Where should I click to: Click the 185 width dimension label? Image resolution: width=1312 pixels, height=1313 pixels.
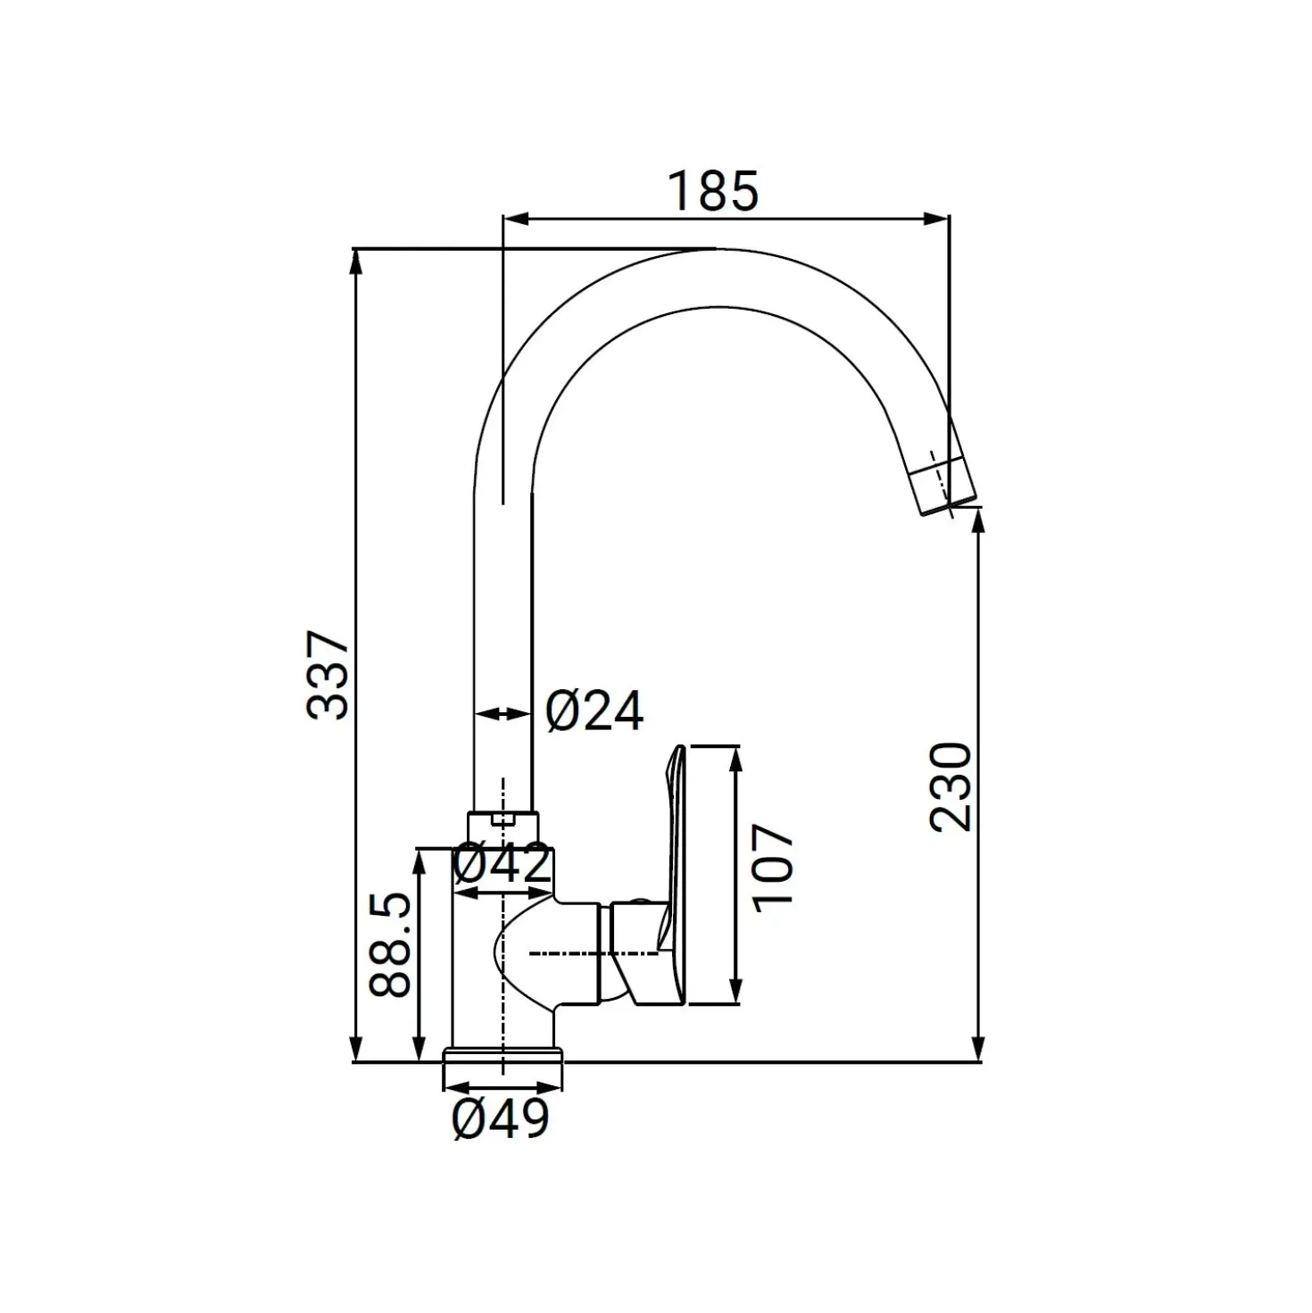(713, 191)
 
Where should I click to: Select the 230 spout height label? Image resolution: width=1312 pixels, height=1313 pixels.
(950, 787)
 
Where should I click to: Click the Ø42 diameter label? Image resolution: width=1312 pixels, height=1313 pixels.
(502, 864)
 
